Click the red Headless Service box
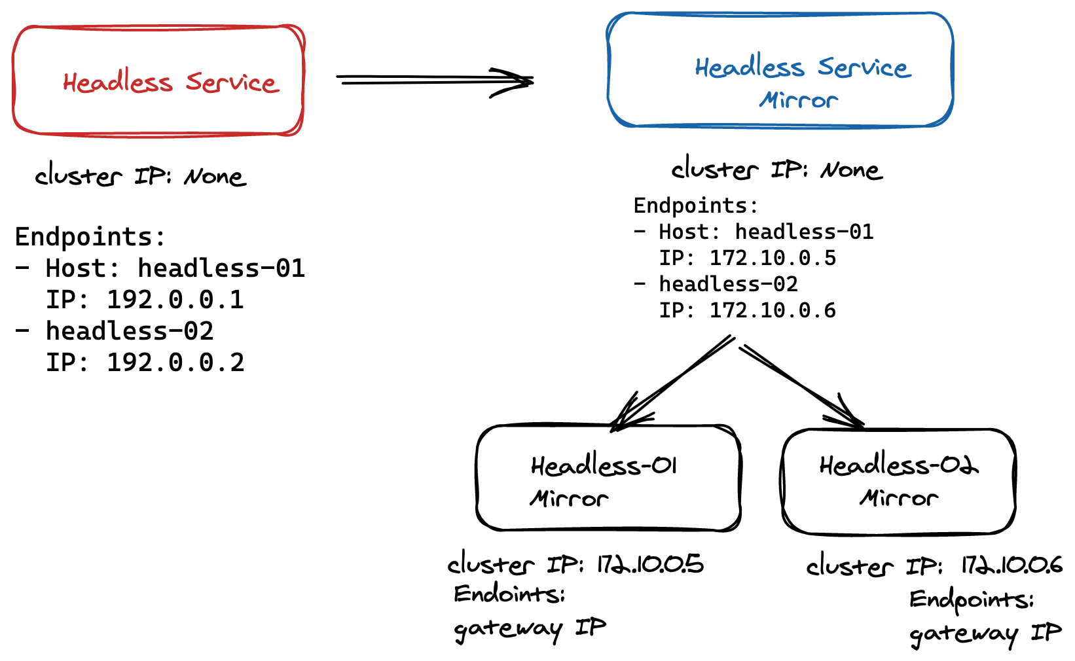pos(158,81)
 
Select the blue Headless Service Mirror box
pos(780,69)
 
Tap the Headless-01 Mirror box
pos(609,478)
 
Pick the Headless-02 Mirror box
pos(898,481)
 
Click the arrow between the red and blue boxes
pos(435,80)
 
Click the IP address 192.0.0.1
pos(175,300)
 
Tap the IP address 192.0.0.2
pos(175,363)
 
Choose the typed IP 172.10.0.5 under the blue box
pos(773,258)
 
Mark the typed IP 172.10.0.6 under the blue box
pos(773,310)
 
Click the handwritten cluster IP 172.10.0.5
pos(650,564)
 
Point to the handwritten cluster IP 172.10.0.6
pos(1011,565)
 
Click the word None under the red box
pos(215,177)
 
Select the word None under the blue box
pos(851,171)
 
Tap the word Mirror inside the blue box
pos(799,101)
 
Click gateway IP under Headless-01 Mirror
pos(530,629)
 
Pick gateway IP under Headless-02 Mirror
pos(985,634)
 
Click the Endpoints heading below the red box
pos(90,237)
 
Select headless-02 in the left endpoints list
pos(130,331)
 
